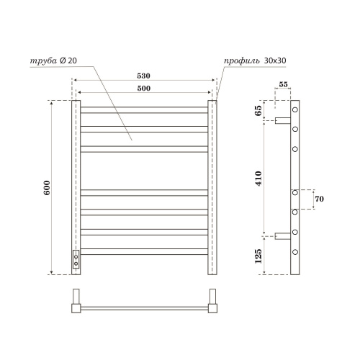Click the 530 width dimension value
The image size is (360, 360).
click(143, 74)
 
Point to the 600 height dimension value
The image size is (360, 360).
click(45, 187)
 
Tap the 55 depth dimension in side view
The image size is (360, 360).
click(283, 85)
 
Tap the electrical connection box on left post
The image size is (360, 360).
click(76, 260)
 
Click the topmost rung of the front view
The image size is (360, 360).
click(143, 109)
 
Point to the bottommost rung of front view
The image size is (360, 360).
click(143, 248)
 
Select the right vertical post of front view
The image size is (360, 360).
click(212, 187)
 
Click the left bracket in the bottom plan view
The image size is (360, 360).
click(76, 302)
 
